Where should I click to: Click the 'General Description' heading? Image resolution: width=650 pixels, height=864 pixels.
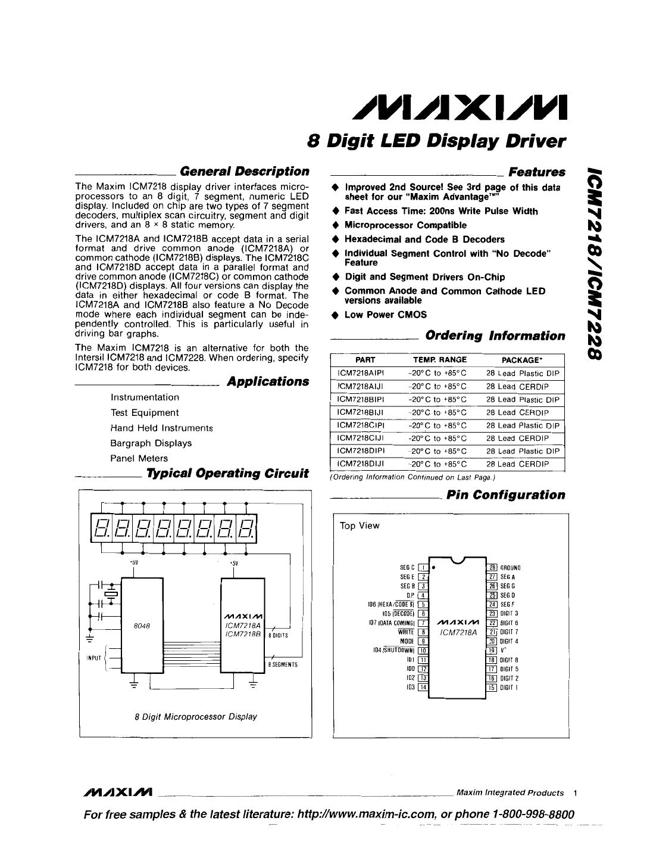tap(245, 172)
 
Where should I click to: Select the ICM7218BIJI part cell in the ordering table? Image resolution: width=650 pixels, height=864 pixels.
tap(361, 412)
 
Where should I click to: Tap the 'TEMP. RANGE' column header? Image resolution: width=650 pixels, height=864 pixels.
tap(440, 360)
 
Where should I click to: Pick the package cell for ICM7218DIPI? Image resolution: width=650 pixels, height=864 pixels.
tap(523, 451)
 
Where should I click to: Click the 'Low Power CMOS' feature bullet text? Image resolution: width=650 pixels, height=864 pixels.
tap(385, 315)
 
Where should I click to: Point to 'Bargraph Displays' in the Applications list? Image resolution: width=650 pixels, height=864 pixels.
tap(151, 443)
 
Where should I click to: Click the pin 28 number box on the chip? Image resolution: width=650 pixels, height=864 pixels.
tap(492, 567)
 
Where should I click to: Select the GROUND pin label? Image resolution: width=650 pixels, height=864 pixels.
tap(511, 568)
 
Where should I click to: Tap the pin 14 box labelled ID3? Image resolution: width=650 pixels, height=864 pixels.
tap(423, 687)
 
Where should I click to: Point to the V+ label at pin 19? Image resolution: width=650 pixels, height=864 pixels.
tap(504, 651)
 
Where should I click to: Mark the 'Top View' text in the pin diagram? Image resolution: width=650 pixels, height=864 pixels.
tap(359, 526)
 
